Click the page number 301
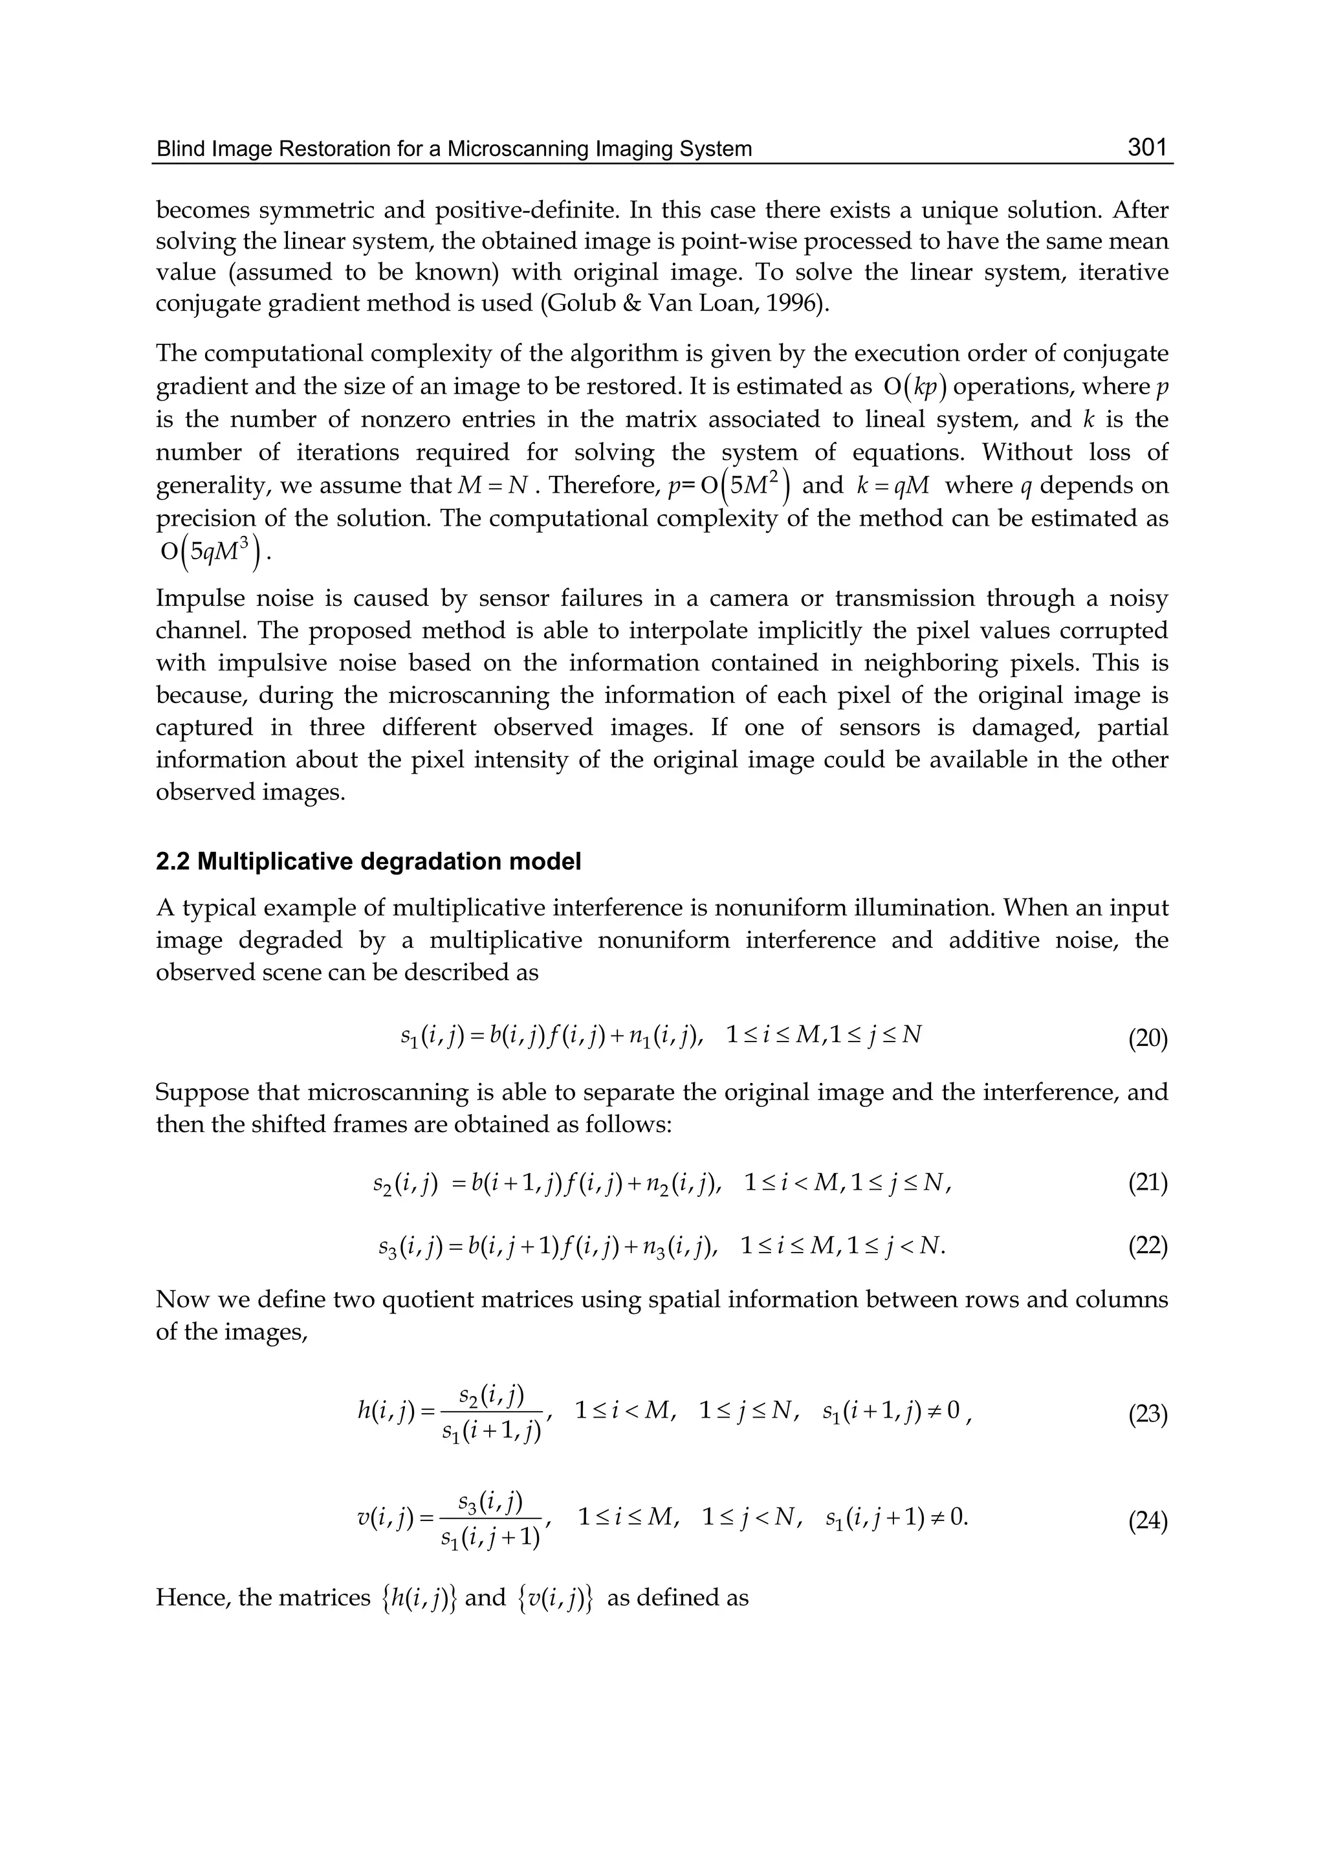click(1147, 148)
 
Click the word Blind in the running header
click(178, 149)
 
